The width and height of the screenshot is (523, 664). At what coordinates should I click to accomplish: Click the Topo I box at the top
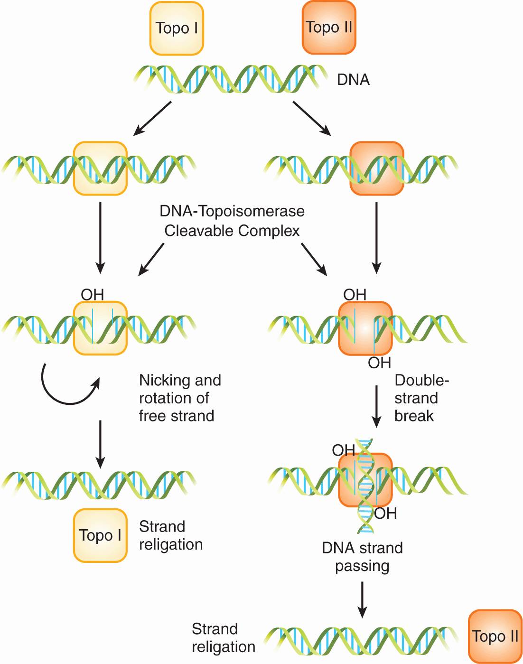(177, 28)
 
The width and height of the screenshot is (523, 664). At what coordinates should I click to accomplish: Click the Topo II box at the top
(329, 28)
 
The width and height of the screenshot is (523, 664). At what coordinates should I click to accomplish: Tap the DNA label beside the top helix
(353, 80)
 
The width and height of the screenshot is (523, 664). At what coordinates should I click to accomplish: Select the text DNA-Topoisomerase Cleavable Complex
(232, 221)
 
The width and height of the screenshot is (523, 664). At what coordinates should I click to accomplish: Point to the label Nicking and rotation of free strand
(179, 398)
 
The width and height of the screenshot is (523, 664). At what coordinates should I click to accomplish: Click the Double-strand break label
(421, 398)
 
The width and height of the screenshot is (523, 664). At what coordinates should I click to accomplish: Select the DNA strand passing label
(362, 557)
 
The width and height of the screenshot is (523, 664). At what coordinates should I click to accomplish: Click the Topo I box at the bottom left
(100, 535)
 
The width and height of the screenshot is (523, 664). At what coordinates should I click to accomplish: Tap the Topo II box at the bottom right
(495, 636)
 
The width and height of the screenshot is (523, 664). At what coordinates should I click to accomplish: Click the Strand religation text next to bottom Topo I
(171, 535)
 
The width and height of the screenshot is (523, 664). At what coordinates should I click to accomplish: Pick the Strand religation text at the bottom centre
(223, 637)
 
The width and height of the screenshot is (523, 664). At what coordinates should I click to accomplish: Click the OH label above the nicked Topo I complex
(93, 295)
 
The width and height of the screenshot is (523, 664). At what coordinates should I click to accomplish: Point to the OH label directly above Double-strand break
(380, 363)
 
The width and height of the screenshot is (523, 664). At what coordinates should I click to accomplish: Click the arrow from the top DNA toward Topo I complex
(152, 119)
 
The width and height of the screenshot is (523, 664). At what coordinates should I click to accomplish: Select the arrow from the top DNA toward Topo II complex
(312, 119)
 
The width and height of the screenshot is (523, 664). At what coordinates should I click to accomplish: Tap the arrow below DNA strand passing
(362, 599)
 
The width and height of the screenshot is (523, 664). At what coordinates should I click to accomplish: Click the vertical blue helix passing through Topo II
(365, 486)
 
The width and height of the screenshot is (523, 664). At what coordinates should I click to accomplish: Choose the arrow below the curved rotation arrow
(100, 444)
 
